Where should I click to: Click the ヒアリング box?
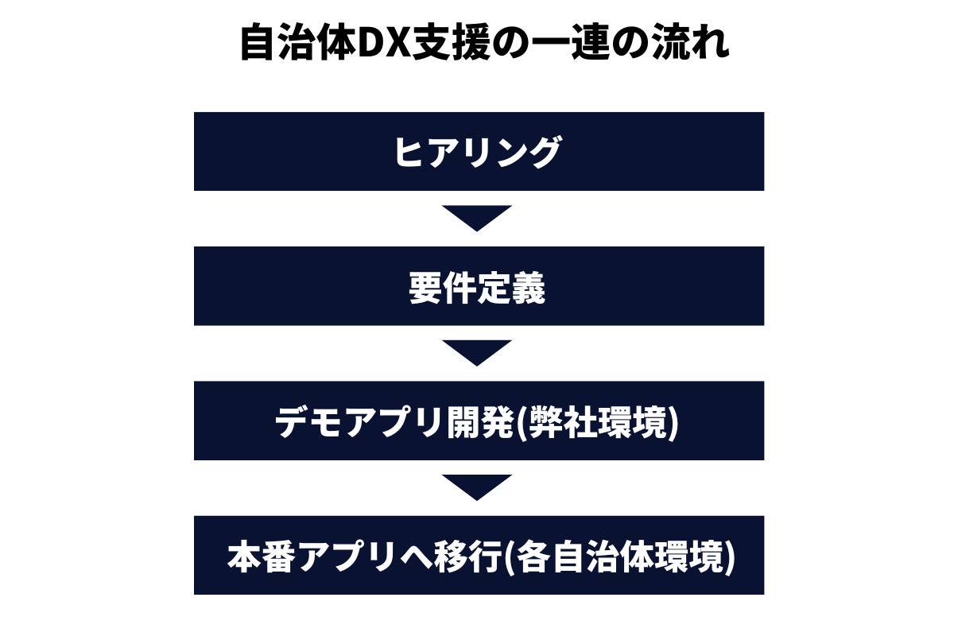(x=479, y=151)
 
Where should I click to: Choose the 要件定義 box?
(x=479, y=286)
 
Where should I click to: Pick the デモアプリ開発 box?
(x=479, y=421)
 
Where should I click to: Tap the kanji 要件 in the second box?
(x=444, y=287)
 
